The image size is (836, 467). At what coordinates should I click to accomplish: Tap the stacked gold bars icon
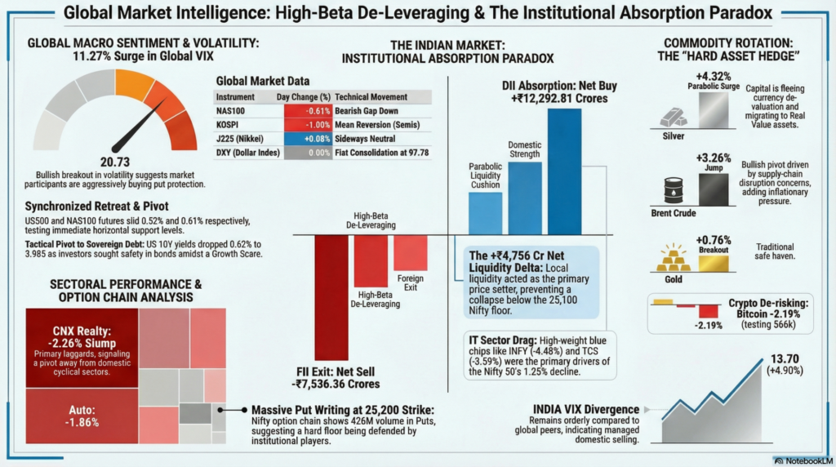[673, 257]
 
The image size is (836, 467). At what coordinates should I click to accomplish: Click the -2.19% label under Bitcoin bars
[710, 324]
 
